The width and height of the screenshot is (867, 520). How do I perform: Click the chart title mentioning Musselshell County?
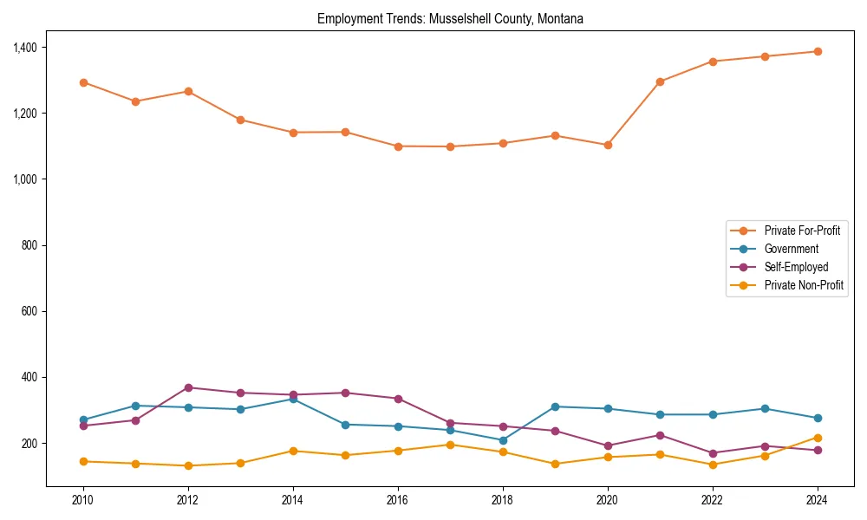click(450, 19)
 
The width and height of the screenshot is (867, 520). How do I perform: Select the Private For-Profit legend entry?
click(802, 231)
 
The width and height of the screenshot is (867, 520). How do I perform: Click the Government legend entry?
click(791, 249)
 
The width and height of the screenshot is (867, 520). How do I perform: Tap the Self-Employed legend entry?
click(796, 267)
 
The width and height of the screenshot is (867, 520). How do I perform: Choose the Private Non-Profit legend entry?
click(804, 285)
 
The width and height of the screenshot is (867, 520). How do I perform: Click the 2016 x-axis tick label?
click(398, 500)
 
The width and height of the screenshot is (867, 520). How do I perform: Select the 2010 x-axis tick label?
click(83, 500)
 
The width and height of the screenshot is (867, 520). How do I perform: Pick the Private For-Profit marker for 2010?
click(83, 82)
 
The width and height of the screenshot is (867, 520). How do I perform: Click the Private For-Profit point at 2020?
click(608, 145)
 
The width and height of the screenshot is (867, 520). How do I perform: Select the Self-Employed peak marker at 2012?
click(188, 387)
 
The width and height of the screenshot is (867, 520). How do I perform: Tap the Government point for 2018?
click(503, 440)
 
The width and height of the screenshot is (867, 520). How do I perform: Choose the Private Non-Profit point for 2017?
click(450, 445)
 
